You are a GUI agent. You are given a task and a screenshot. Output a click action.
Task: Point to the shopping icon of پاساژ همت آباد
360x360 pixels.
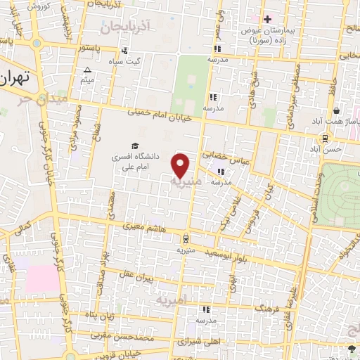click(x=337, y=110)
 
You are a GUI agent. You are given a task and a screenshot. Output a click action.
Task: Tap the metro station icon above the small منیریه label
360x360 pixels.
click(x=186, y=238)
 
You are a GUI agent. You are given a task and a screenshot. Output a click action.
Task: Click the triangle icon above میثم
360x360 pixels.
click(x=87, y=70)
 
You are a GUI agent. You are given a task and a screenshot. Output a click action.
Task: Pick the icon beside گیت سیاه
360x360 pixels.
click(x=124, y=51)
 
